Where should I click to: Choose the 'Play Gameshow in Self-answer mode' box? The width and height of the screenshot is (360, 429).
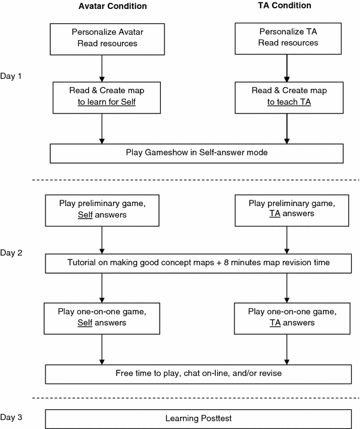click(197, 152)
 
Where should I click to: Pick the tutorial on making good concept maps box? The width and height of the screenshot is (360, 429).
click(197, 263)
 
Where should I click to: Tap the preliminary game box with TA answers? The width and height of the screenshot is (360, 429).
click(286, 209)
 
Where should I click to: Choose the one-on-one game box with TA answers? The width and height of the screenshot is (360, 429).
click(286, 317)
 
